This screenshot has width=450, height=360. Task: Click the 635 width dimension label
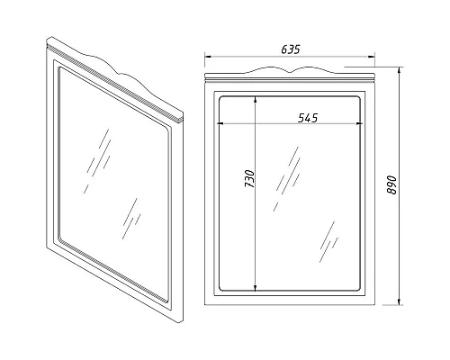click(291, 49)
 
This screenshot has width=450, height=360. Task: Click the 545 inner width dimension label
click(308, 118)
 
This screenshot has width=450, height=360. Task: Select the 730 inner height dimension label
click(249, 179)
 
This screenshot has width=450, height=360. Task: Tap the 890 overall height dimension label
click(391, 185)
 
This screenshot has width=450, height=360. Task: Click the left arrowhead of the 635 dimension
click(208, 56)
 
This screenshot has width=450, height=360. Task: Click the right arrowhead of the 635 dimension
click(372, 56)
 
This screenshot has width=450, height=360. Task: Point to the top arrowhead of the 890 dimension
click(399, 70)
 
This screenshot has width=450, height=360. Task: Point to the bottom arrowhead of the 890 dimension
click(399, 301)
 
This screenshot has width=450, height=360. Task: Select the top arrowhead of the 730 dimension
click(255, 99)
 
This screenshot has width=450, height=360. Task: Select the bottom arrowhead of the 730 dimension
click(255, 288)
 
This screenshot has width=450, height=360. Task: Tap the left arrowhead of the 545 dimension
click(220, 123)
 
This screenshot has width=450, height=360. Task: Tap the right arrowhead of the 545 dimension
click(357, 123)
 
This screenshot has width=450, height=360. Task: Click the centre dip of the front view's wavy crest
click(290, 72)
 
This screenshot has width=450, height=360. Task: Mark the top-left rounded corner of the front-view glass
click(221, 99)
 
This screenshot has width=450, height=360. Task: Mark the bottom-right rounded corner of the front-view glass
click(357, 288)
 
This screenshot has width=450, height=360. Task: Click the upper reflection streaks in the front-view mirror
click(288, 179)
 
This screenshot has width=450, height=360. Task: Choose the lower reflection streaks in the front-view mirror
click(328, 242)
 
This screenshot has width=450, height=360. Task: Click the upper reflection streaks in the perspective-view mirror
click(97, 161)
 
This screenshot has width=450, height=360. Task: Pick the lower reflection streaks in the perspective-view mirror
click(132, 219)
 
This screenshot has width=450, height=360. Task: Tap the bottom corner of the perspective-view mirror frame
click(181, 322)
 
